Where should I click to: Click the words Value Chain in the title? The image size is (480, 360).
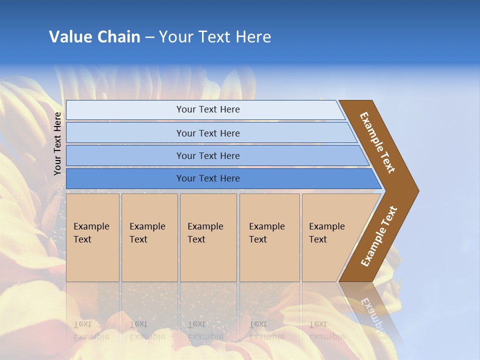(94, 37)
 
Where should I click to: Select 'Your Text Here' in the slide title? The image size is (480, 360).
(215, 37)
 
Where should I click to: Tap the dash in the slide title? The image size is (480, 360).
(149, 37)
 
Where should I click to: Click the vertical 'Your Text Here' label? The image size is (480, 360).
(57, 143)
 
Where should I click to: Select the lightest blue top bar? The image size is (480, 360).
(205, 109)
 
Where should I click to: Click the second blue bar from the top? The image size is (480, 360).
(210, 133)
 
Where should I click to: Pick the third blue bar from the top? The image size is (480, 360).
(215, 155)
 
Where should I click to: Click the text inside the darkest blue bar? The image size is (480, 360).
(208, 178)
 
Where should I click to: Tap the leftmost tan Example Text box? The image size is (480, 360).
(92, 237)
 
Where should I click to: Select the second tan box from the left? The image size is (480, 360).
(149, 237)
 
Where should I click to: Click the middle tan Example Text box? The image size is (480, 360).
(208, 237)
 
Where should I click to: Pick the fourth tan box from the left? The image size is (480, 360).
(269, 237)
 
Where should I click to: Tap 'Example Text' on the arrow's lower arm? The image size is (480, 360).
(379, 236)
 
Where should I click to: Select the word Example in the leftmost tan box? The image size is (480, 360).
(91, 226)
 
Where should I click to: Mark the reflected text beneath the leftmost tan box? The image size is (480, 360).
(91, 330)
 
